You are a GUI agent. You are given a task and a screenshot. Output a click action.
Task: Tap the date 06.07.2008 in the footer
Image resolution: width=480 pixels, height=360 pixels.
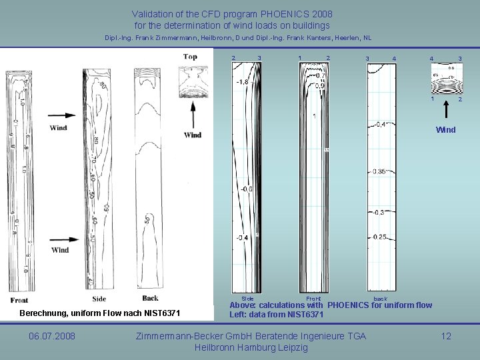[51, 336]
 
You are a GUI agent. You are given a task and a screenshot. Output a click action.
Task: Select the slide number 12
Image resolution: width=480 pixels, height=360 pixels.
[446, 336]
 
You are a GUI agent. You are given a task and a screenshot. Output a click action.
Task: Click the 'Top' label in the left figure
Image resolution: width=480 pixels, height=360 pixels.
[190, 57]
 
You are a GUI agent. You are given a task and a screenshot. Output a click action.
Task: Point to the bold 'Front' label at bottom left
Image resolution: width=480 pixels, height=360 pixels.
[19, 300]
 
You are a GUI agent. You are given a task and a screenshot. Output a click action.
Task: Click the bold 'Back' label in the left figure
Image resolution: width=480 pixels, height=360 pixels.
[150, 298]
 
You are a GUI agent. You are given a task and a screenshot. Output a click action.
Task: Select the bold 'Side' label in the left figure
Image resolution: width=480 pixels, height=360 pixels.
[99, 298]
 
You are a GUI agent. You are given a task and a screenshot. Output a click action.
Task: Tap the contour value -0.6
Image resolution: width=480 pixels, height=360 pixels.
[245, 189]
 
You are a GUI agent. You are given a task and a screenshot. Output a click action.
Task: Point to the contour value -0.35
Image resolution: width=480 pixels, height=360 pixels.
[379, 171]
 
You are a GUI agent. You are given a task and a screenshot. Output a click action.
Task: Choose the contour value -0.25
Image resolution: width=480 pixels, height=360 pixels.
[379, 237]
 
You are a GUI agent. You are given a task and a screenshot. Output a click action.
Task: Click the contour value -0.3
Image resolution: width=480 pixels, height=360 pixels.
[377, 212]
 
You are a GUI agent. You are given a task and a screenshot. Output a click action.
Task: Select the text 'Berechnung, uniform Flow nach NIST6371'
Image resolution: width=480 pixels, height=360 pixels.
[100, 313]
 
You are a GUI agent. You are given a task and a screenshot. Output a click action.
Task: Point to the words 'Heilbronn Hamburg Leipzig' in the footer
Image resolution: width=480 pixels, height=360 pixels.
[251, 348]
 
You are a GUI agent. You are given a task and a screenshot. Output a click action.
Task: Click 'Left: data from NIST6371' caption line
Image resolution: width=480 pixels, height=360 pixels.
[277, 315]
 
